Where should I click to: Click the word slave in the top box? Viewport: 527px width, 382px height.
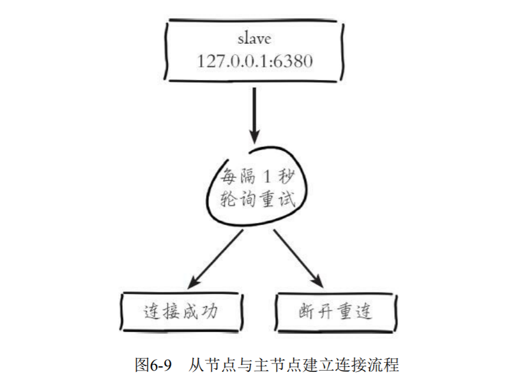click(254, 39)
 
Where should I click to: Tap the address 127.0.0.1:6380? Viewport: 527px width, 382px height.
click(254, 61)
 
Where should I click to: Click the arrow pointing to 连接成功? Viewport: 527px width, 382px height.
click(217, 257)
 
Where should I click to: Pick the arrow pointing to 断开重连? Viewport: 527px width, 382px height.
click(295, 257)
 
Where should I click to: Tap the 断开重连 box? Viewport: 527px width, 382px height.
click(334, 312)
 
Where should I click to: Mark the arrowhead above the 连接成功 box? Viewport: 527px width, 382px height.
click(194, 281)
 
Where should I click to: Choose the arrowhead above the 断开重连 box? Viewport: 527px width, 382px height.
click(317, 280)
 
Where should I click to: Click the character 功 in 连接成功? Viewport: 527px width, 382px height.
click(211, 312)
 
